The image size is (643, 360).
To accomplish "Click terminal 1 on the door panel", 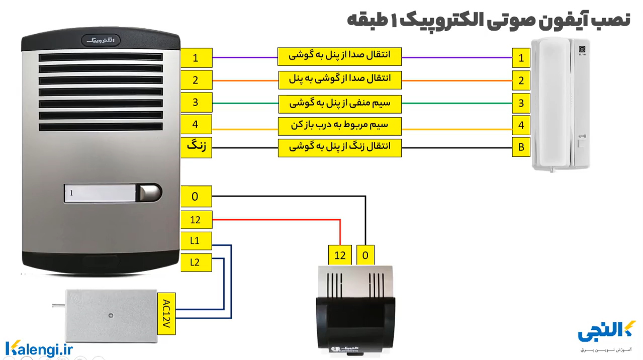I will [x=196, y=58].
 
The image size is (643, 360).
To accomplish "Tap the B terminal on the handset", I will [x=521, y=148].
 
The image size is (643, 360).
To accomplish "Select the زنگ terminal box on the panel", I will [x=196, y=147].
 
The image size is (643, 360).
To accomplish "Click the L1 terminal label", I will [x=196, y=241].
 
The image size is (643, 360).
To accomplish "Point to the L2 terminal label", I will [x=196, y=261].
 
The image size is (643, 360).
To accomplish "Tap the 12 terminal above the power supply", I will [x=340, y=255].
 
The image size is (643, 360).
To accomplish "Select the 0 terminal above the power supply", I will [x=365, y=255].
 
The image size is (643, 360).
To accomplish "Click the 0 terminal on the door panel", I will [x=196, y=196].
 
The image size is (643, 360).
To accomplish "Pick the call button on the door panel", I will [x=150, y=193].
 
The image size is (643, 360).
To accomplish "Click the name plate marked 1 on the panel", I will [x=101, y=193].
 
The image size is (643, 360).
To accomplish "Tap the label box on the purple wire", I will [x=340, y=56].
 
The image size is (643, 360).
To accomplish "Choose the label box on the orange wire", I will [x=340, y=79].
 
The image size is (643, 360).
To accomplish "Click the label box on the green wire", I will [x=340, y=104].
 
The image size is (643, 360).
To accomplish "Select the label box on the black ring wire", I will [x=340, y=148].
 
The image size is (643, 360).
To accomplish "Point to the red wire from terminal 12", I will [x=282, y=220].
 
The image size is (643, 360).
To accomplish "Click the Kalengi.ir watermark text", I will [x=39, y=348].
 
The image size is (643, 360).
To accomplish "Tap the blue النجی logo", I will [x=606, y=332].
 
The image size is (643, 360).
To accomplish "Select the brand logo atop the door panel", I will [x=101, y=39].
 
